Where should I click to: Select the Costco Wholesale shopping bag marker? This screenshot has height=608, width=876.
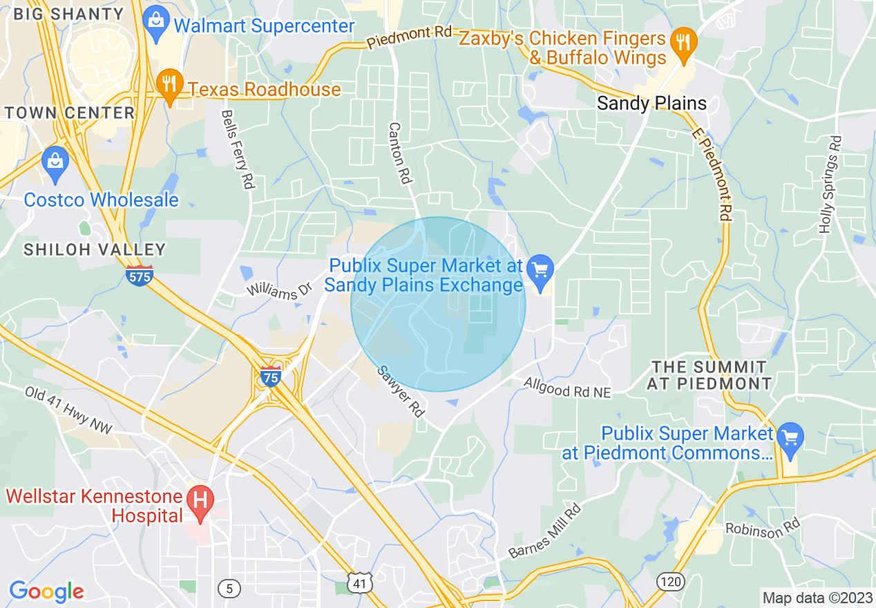[x=55, y=162]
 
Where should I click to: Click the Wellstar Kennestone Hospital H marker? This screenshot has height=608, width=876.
[x=200, y=499]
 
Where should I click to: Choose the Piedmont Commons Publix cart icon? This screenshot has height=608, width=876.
[x=790, y=437]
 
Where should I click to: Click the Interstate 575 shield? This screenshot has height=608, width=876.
[x=139, y=276]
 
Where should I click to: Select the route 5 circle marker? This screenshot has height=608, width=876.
[x=229, y=588]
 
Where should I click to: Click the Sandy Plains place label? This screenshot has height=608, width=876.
[x=651, y=104]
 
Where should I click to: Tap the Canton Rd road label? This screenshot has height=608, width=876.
[x=400, y=154]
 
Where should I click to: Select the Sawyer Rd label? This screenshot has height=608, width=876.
[x=400, y=391]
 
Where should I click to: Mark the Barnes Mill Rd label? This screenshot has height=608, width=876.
[x=545, y=531]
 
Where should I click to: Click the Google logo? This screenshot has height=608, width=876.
[x=46, y=591]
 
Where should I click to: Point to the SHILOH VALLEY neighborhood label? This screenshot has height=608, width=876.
[x=95, y=249]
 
